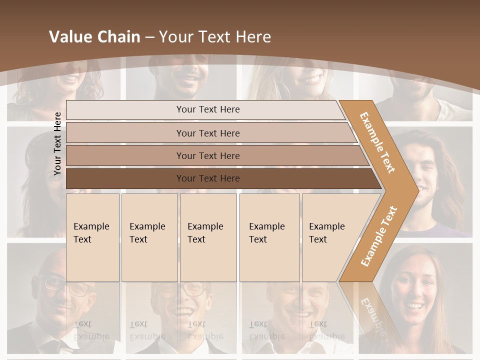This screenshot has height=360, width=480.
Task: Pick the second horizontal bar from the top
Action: [208, 133]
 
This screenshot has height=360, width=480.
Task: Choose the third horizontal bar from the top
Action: [208, 155]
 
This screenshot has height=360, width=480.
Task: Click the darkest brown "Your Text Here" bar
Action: [208, 178]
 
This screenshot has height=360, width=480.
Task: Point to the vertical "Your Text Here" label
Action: [57, 143]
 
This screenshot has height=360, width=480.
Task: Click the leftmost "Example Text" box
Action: [92, 237]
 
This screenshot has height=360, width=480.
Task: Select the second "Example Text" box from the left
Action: [149, 237]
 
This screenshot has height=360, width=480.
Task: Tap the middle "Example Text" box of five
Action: [207, 237]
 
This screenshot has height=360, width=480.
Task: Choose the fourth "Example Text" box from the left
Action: [269, 237]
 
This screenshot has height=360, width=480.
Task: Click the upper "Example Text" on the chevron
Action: [377, 142]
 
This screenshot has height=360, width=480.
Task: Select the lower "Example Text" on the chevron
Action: [379, 236]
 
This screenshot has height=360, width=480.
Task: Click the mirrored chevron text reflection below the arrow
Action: [372, 312]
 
